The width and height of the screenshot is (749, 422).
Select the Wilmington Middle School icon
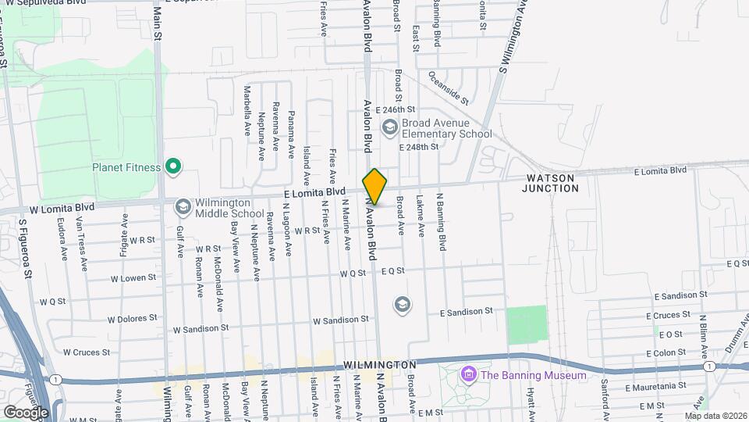pyautogui.click(x=183, y=207)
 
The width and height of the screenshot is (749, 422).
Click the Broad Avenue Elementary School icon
pyautogui.click(x=389, y=127)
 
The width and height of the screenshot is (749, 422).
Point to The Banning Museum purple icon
pyautogui.click(x=468, y=375)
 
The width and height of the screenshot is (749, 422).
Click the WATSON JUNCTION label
pyautogui.click(x=548, y=184)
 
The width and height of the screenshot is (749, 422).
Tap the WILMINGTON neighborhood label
pyautogui.click(x=380, y=365)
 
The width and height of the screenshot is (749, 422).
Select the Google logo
pyautogui.click(x=26, y=412)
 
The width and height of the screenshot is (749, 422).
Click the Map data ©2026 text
pyautogui.click(x=715, y=416)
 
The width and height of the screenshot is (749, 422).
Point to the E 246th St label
pyautogui.click(x=396, y=110)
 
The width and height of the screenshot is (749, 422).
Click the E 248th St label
pyautogui.click(x=419, y=146)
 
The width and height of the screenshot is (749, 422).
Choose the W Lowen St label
pyautogui.click(x=129, y=278)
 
